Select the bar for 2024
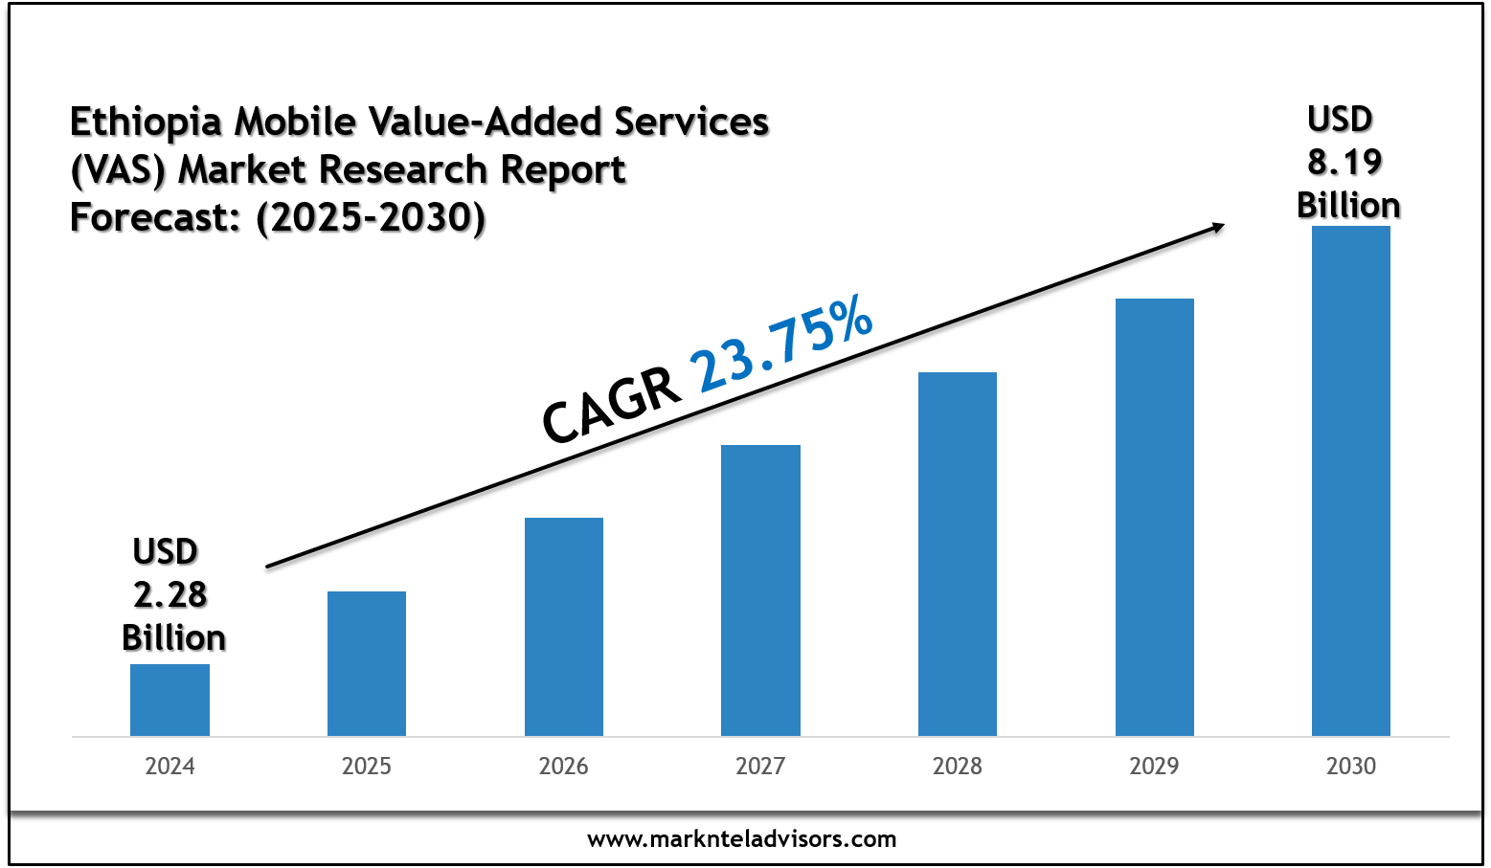click(x=169, y=700)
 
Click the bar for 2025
click(x=367, y=663)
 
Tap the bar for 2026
click(x=564, y=627)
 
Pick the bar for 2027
click(x=760, y=590)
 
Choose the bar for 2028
click(x=958, y=554)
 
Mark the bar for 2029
click(x=1155, y=517)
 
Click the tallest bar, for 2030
click(x=1351, y=480)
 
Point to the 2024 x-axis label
click(x=169, y=766)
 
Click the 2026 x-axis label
click(x=564, y=766)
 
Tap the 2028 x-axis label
click(x=958, y=766)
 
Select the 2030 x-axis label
click(x=1351, y=766)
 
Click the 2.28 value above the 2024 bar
click(x=170, y=594)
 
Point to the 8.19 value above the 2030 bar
click(x=1345, y=163)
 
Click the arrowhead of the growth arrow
click(x=1217, y=227)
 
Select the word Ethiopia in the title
click(x=147, y=122)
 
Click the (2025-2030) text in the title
click(x=371, y=217)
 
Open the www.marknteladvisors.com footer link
click(x=742, y=839)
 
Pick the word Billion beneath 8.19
click(x=1348, y=205)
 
